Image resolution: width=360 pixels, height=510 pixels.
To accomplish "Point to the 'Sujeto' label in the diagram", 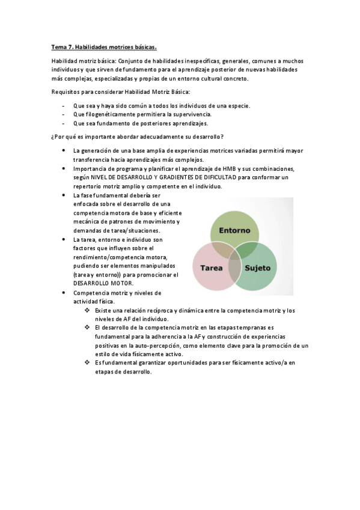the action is [x=258, y=268].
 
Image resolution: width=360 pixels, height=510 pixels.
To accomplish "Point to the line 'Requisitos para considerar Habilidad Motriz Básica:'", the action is [x=121, y=91].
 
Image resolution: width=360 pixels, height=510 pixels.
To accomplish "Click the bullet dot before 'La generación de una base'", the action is [x=64, y=150].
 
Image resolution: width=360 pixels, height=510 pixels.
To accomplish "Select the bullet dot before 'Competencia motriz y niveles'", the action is [x=64, y=292].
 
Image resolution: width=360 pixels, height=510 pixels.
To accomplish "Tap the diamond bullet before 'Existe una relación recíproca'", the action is [x=88, y=310].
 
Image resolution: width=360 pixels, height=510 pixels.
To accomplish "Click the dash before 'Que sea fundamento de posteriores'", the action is [x=64, y=123].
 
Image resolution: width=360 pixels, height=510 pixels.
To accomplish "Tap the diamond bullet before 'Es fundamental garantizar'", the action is [x=88, y=363].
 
